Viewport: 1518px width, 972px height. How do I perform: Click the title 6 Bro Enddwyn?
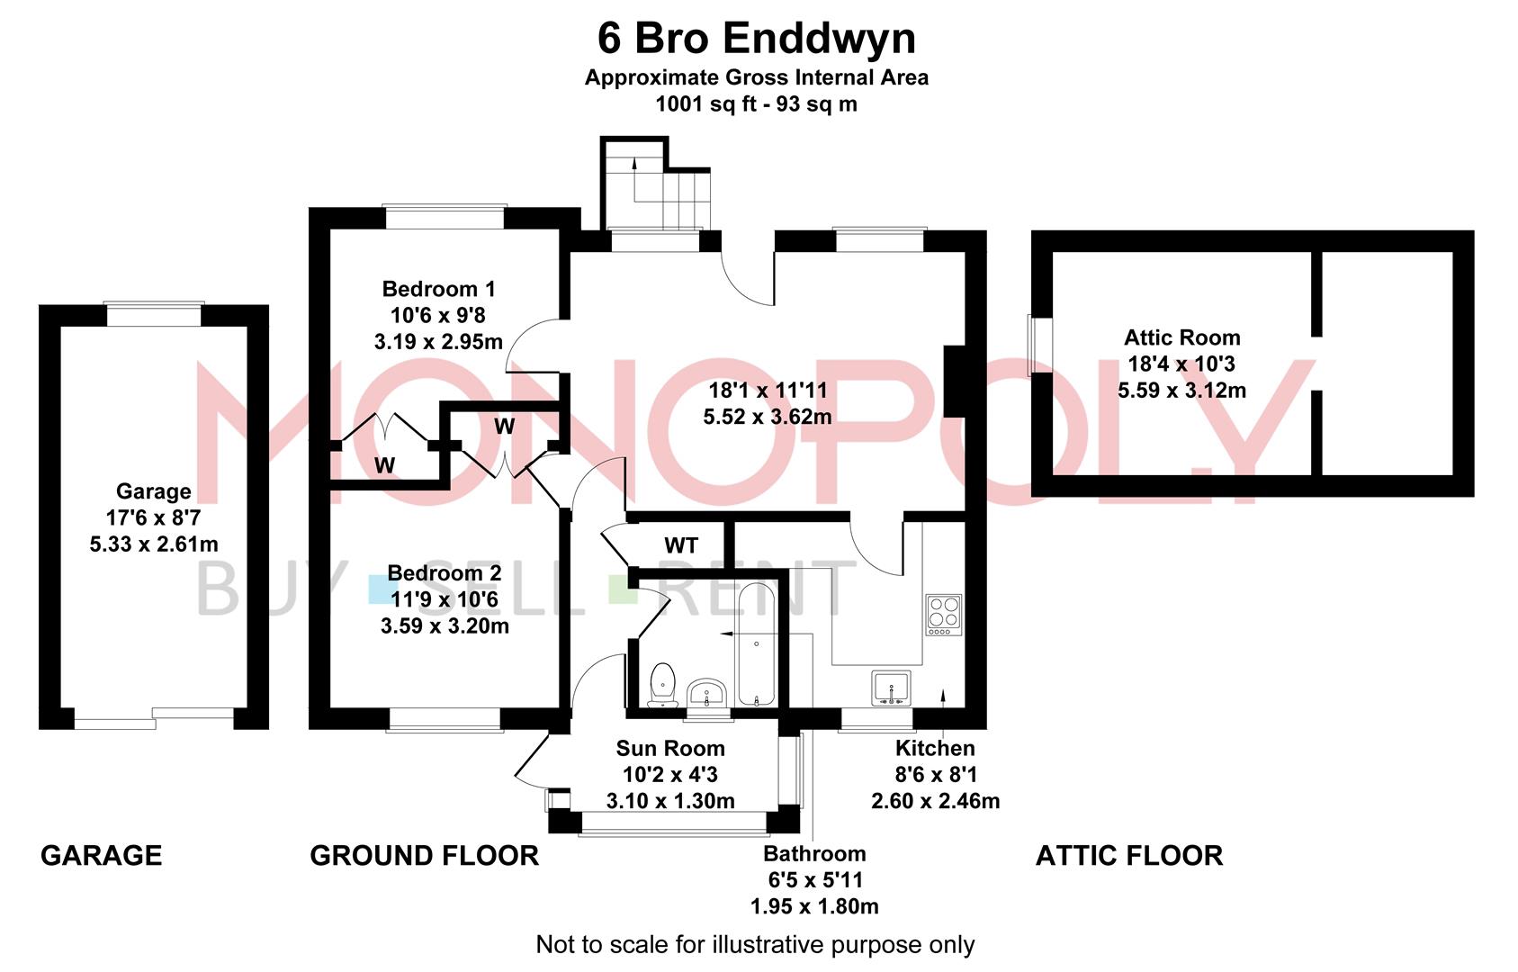tap(757, 39)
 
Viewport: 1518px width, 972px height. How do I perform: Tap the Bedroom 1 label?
tap(438, 289)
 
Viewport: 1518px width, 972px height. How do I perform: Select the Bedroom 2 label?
tap(445, 573)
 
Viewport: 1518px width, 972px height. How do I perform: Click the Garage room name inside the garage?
tap(154, 491)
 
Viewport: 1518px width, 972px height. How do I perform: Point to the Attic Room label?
tap(1181, 337)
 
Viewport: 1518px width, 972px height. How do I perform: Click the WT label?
tap(681, 545)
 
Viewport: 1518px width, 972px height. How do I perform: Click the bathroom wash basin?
tap(707, 695)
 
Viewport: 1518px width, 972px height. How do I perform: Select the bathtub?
tap(756, 644)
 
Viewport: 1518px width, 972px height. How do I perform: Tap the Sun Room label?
tap(670, 748)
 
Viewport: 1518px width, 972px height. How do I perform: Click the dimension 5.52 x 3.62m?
tap(768, 417)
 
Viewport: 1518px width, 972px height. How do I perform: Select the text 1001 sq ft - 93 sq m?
tap(756, 103)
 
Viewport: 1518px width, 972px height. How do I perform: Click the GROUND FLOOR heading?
tap(425, 855)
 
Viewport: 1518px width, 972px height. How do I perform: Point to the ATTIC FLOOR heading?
tap(1129, 855)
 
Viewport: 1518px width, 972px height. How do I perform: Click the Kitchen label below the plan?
tap(935, 748)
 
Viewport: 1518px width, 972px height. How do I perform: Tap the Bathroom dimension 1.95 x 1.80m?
tap(814, 906)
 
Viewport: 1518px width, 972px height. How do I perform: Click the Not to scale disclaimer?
tap(755, 945)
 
